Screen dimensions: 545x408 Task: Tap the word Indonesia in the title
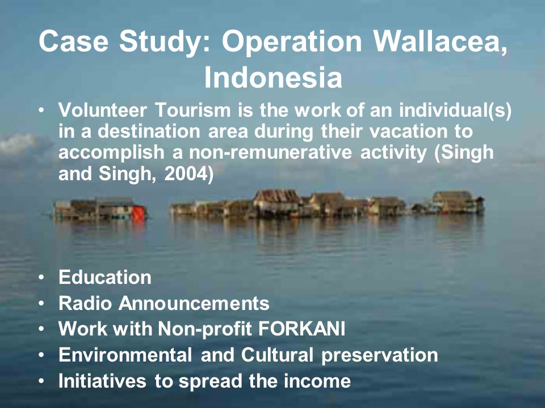pyautogui.click(x=273, y=78)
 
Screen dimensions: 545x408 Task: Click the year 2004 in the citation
pyautogui.click(x=186, y=174)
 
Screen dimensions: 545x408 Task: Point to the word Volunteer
pyautogui.click(x=103, y=110)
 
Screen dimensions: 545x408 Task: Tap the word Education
pyautogui.click(x=105, y=277)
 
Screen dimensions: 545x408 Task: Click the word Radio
pyautogui.click(x=85, y=303)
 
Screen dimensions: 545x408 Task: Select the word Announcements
pyautogui.click(x=194, y=303)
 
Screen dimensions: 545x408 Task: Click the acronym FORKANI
pyautogui.click(x=301, y=329)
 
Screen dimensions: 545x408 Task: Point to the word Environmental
pyautogui.click(x=125, y=355)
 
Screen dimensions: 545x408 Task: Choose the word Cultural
pyautogui.click(x=277, y=355)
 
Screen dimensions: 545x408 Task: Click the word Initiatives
pyautogui.click(x=102, y=381)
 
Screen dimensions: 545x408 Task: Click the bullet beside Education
pyautogui.click(x=41, y=278)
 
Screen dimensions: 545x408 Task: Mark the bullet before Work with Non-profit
pyautogui.click(x=41, y=329)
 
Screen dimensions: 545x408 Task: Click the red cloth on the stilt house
pyautogui.click(x=138, y=213)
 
